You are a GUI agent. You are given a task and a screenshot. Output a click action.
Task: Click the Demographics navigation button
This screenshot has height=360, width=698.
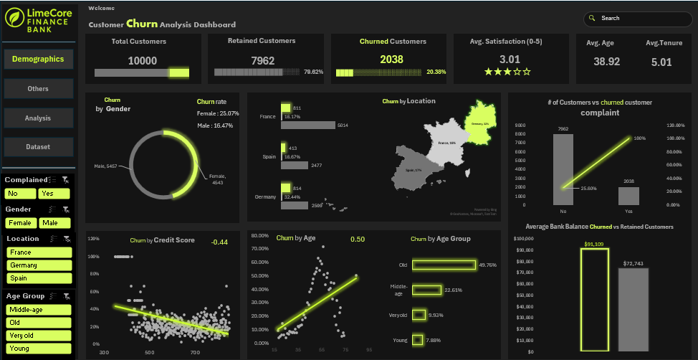[38, 59]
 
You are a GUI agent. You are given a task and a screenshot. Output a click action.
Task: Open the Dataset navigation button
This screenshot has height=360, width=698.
[38, 147]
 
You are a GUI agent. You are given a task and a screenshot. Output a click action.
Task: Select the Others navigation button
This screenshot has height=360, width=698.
[38, 89]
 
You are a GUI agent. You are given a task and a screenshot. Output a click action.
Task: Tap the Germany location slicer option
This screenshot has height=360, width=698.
[39, 265]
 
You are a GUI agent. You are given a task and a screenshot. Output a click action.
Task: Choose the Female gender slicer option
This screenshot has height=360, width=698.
[20, 223]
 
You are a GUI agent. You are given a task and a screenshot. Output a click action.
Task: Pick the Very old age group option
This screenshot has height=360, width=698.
[39, 336]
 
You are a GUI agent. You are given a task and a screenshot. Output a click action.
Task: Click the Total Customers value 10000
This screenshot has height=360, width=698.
[142, 61]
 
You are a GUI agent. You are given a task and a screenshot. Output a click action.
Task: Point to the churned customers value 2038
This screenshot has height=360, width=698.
[391, 60]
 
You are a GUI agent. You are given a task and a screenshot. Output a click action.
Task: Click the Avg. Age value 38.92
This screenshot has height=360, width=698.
[606, 62]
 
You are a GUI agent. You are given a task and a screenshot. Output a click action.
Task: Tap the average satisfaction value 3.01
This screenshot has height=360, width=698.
[510, 60]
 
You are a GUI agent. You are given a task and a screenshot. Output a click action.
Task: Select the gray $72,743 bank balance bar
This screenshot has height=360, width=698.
[633, 310]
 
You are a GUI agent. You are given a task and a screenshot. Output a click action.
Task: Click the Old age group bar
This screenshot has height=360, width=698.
[444, 265]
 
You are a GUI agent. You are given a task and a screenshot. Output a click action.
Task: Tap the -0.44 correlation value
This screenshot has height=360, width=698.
[219, 242]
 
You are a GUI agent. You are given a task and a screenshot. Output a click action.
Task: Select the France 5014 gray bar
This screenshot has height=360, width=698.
[308, 125]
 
